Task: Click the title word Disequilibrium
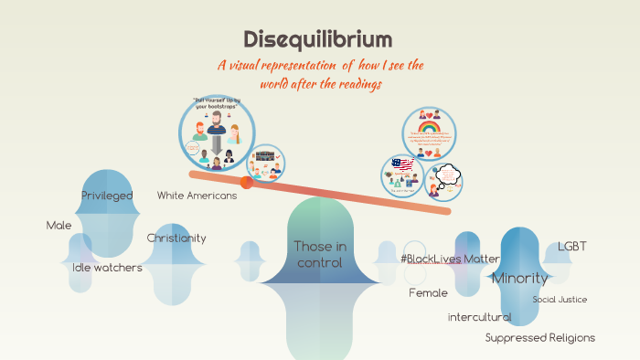click(318, 39)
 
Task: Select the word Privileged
click(107, 196)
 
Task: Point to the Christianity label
click(176, 238)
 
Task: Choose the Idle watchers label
click(107, 268)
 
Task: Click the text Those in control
click(319, 254)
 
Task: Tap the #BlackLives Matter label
click(450, 259)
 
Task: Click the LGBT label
click(571, 247)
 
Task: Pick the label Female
click(428, 293)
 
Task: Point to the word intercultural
click(479, 317)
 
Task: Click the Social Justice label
click(560, 299)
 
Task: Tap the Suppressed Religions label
click(539, 338)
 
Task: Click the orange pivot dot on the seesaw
click(247, 182)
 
